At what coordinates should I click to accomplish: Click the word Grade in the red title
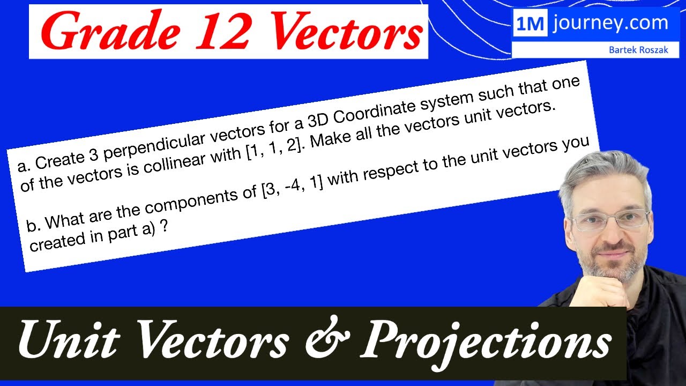click(102, 32)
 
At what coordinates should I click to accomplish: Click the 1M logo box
click(530, 24)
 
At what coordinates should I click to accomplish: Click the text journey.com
click(610, 24)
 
